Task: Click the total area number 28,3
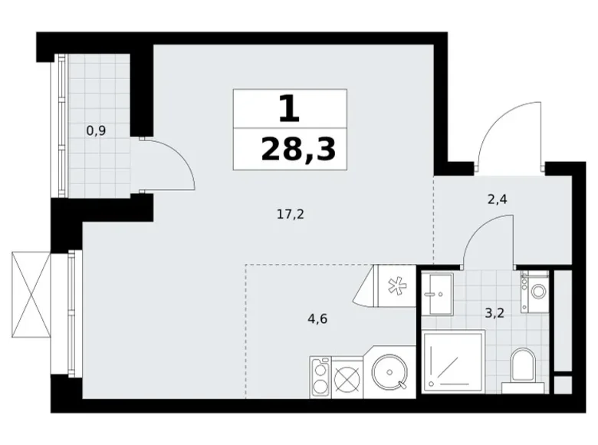coord(298,149)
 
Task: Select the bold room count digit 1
coord(289,108)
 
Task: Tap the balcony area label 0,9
coord(96,131)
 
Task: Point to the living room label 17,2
coord(291,215)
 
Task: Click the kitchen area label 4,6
coord(317,318)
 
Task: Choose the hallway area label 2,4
coord(498,199)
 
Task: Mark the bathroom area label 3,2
coord(495,313)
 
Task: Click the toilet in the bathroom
coord(523,371)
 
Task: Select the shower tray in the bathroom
coord(453,361)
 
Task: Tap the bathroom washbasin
coord(437,293)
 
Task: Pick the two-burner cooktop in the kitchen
coord(320,377)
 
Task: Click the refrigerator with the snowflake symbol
coord(395,286)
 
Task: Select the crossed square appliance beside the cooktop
coord(347,377)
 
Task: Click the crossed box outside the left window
coord(31,295)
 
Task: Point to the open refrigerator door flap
coord(365,286)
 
